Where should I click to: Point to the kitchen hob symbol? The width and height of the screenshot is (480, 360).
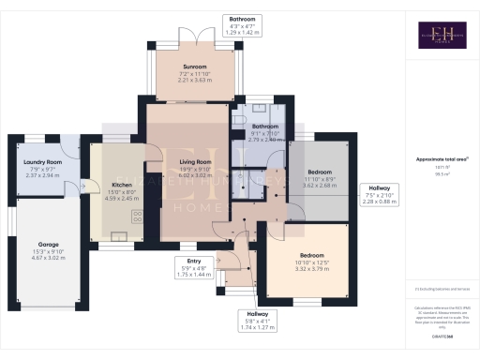(x=137, y=216)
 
